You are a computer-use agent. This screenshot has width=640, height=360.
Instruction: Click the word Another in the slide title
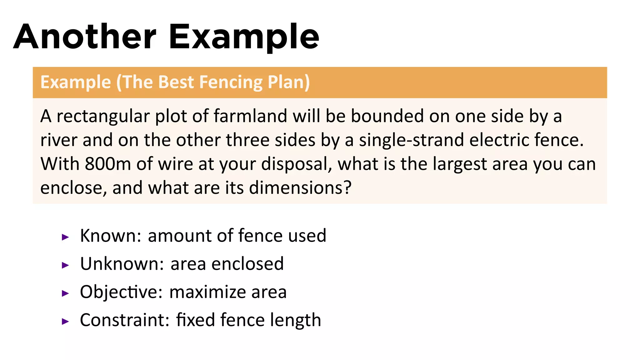[84, 37]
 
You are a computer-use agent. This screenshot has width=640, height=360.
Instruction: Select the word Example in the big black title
[244, 37]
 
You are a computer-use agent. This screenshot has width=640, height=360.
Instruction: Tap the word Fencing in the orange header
[231, 82]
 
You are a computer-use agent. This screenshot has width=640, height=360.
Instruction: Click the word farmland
[250, 116]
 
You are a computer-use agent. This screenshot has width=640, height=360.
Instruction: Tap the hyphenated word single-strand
[411, 140]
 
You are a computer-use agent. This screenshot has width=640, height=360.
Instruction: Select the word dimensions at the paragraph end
[300, 188]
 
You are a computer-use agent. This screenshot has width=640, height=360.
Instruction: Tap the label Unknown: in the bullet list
[122, 264]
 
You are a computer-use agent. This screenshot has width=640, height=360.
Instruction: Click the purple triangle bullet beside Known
[65, 237]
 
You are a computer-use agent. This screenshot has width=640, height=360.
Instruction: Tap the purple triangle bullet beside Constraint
[65, 321]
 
